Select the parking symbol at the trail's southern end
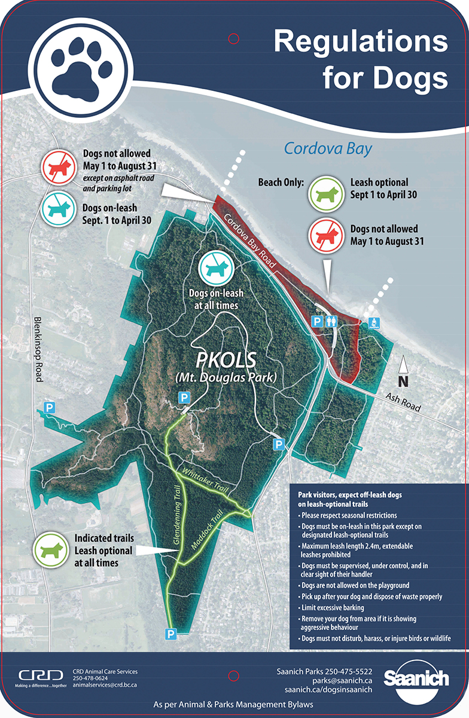pyautogui.click(x=172, y=633)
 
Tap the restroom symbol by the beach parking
pyautogui.click(x=333, y=321)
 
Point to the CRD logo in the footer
pyautogui.click(x=41, y=676)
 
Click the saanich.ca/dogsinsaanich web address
pyautogui.click(x=325, y=689)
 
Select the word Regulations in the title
pyautogui.click(x=361, y=42)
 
